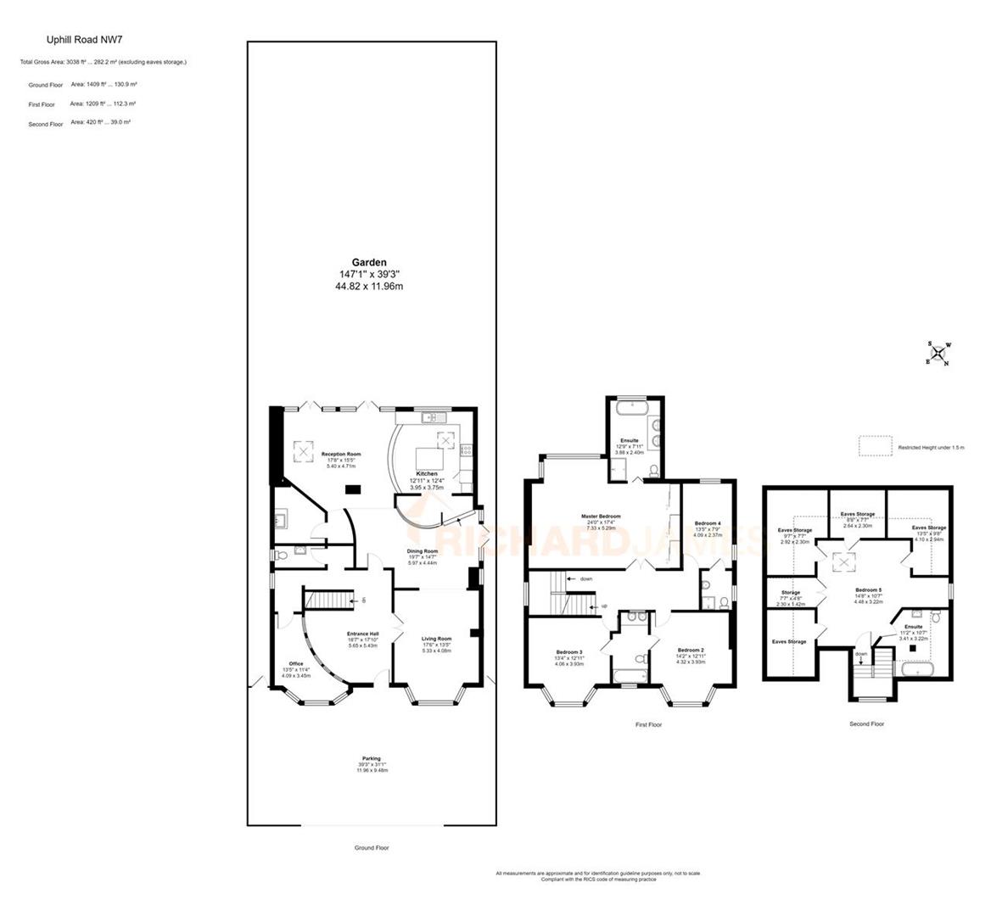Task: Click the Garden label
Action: (x=369, y=263)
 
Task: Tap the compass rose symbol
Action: (x=938, y=353)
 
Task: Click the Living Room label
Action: (x=437, y=639)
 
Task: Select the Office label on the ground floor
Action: (x=295, y=664)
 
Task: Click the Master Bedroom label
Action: (x=601, y=517)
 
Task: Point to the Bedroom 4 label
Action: (x=707, y=523)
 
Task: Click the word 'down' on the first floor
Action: (x=585, y=579)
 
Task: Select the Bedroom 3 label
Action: (x=568, y=652)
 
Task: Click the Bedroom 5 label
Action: (x=868, y=589)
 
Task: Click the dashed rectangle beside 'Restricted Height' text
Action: (x=875, y=447)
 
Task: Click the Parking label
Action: (x=371, y=759)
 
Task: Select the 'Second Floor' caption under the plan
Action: (x=866, y=724)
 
